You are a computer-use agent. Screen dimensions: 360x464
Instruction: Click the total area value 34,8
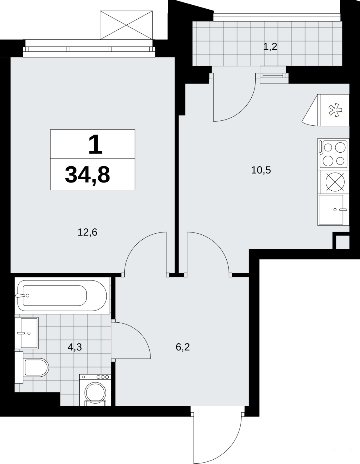(87, 175)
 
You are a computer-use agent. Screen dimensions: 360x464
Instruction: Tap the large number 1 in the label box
(95, 144)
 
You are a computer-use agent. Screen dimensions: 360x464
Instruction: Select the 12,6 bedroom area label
(87, 232)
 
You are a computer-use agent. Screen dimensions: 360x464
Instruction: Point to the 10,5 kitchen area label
(261, 170)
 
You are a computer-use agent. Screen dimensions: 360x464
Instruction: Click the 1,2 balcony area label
(270, 46)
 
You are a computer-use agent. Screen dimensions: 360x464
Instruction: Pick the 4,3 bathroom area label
(75, 347)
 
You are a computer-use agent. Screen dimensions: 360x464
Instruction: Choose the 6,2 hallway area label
(183, 347)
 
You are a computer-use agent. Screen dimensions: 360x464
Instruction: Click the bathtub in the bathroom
(62, 296)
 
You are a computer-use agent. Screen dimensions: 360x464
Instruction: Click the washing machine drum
(95, 392)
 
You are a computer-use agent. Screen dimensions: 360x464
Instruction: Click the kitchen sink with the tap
(333, 210)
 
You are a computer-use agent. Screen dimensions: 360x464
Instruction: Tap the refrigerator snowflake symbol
(335, 110)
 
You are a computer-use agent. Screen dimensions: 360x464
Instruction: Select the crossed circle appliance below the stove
(335, 182)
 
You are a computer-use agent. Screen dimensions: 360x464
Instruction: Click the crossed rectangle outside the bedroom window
(126, 25)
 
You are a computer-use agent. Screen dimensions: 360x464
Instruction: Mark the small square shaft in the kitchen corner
(343, 242)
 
